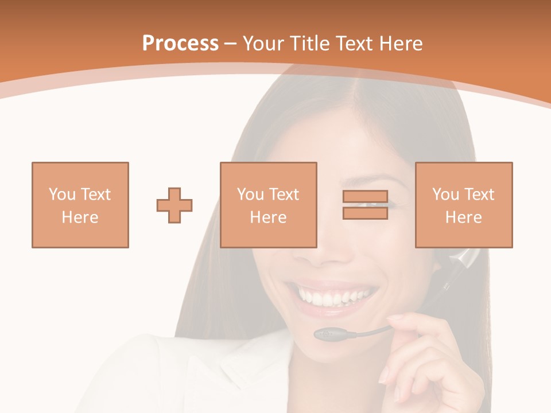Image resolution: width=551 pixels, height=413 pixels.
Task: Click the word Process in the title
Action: pyautogui.click(x=180, y=43)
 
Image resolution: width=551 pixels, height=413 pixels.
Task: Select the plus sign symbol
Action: pyautogui.click(x=174, y=205)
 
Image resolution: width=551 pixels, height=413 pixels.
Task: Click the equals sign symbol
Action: pyautogui.click(x=365, y=205)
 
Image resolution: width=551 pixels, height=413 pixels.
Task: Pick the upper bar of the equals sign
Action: pyautogui.click(x=365, y=197)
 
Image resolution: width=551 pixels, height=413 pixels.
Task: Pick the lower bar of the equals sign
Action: pyautogui.click(x=365, y=213)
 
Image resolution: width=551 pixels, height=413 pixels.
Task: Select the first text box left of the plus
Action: pyautogui.click(x=80, y=205)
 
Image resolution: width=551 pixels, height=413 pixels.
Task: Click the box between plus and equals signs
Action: pyautogui.click(x=269, y=205)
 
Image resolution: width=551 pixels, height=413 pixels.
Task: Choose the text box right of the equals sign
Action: pyautogui.click(x=464, y=205)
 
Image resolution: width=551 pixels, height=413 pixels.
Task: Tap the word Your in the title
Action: pyautogui.click(x=263, y=43)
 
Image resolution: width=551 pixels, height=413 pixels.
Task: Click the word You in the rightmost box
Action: pyautogui.click(x=445, y=194)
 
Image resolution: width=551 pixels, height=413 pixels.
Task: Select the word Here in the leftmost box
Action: pyautogui.click(x=80, y=217)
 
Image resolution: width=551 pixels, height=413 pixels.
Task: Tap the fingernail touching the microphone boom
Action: pyautogui.click(x=394, y=318)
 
